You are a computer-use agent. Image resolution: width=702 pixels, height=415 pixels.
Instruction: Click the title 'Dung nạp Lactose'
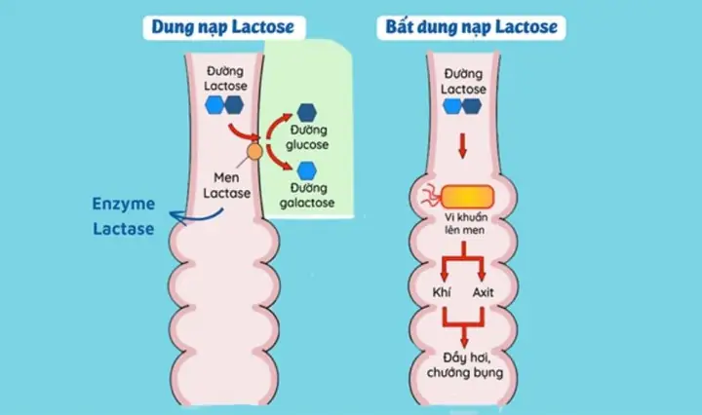click(x=221, y=26)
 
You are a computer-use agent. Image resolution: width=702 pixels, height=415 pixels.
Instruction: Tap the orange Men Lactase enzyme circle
click(x=253, y=151)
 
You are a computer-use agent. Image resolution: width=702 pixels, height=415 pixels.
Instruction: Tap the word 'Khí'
click(x=441, y=292)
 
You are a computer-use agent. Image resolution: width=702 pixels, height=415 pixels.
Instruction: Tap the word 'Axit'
click(x=485, y=292)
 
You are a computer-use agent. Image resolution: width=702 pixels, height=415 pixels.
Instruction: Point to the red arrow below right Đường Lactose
click(x=463, y=146)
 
